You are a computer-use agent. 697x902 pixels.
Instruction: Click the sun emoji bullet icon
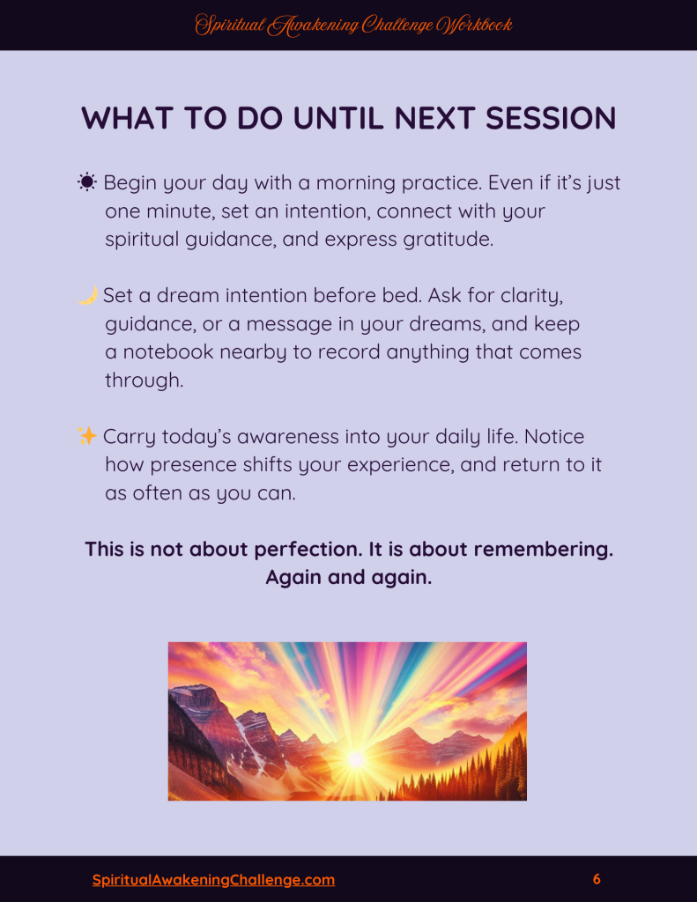[x=87, y=182]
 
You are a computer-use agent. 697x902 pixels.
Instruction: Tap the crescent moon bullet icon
[x=87, y=295]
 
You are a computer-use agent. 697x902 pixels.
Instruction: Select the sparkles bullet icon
[x=87, y=436]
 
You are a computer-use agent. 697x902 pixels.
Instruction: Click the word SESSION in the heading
[x=550, y=118]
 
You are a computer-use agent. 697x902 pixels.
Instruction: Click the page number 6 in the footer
[x=597, y=879]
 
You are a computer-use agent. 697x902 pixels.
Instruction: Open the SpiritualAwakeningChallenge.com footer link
[x=213, y=880]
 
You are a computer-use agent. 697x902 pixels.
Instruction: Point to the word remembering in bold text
[x=543, y=550]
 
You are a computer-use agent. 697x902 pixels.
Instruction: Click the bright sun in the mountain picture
[x=356, y=759]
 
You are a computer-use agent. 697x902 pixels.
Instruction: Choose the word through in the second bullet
[x=144, y=381]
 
